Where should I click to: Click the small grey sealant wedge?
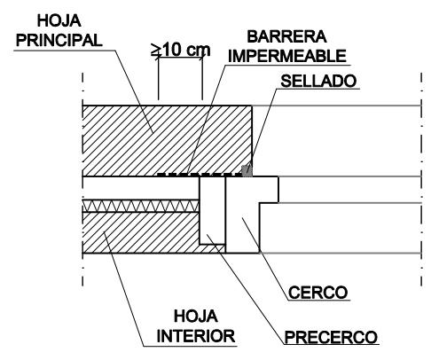click(248, 168)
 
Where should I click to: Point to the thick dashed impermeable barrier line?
click(200, 175)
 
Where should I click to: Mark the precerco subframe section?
click(211, 213)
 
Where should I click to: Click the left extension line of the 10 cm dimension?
click(158, 80)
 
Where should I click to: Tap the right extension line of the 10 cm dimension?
click(203, 80)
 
